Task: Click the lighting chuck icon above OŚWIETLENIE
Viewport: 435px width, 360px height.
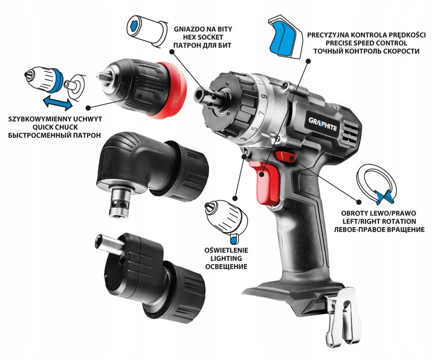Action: (x=224, y=216)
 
